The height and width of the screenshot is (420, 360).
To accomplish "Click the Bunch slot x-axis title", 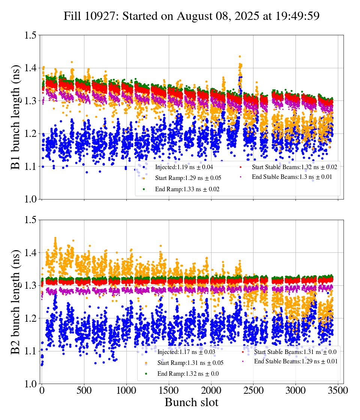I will [x=191, y=403].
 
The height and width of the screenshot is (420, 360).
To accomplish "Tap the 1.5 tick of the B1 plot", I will [x=31, y=35].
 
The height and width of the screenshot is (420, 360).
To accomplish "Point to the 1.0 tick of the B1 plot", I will [x=31, y=199].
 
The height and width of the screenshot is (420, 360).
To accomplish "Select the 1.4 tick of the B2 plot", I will [x=31, y=253].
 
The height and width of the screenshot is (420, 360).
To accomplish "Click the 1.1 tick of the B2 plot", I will [x=31, y=351].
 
